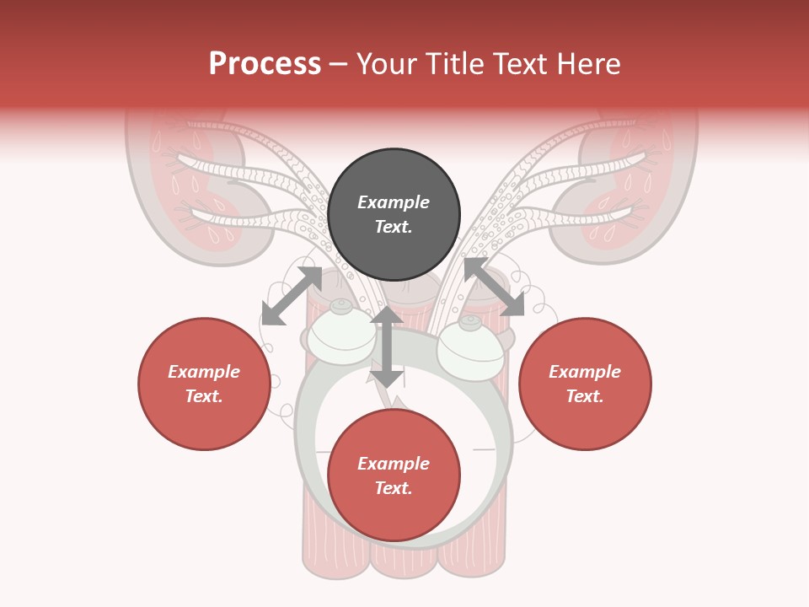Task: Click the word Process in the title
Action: (265, 64)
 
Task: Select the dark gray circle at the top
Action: (394, 215)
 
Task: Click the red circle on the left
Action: (204, 384)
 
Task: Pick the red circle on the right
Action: (585, 384)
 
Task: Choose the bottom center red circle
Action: (394, 475)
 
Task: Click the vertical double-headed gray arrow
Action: (387, 346)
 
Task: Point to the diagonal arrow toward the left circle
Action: (292, 296)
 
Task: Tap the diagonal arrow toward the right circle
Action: (494, 287)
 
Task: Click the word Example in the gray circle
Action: (394, 202)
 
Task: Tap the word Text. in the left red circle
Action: (204, 396)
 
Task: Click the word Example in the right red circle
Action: (585, 372)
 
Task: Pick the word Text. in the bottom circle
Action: (394, 488)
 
